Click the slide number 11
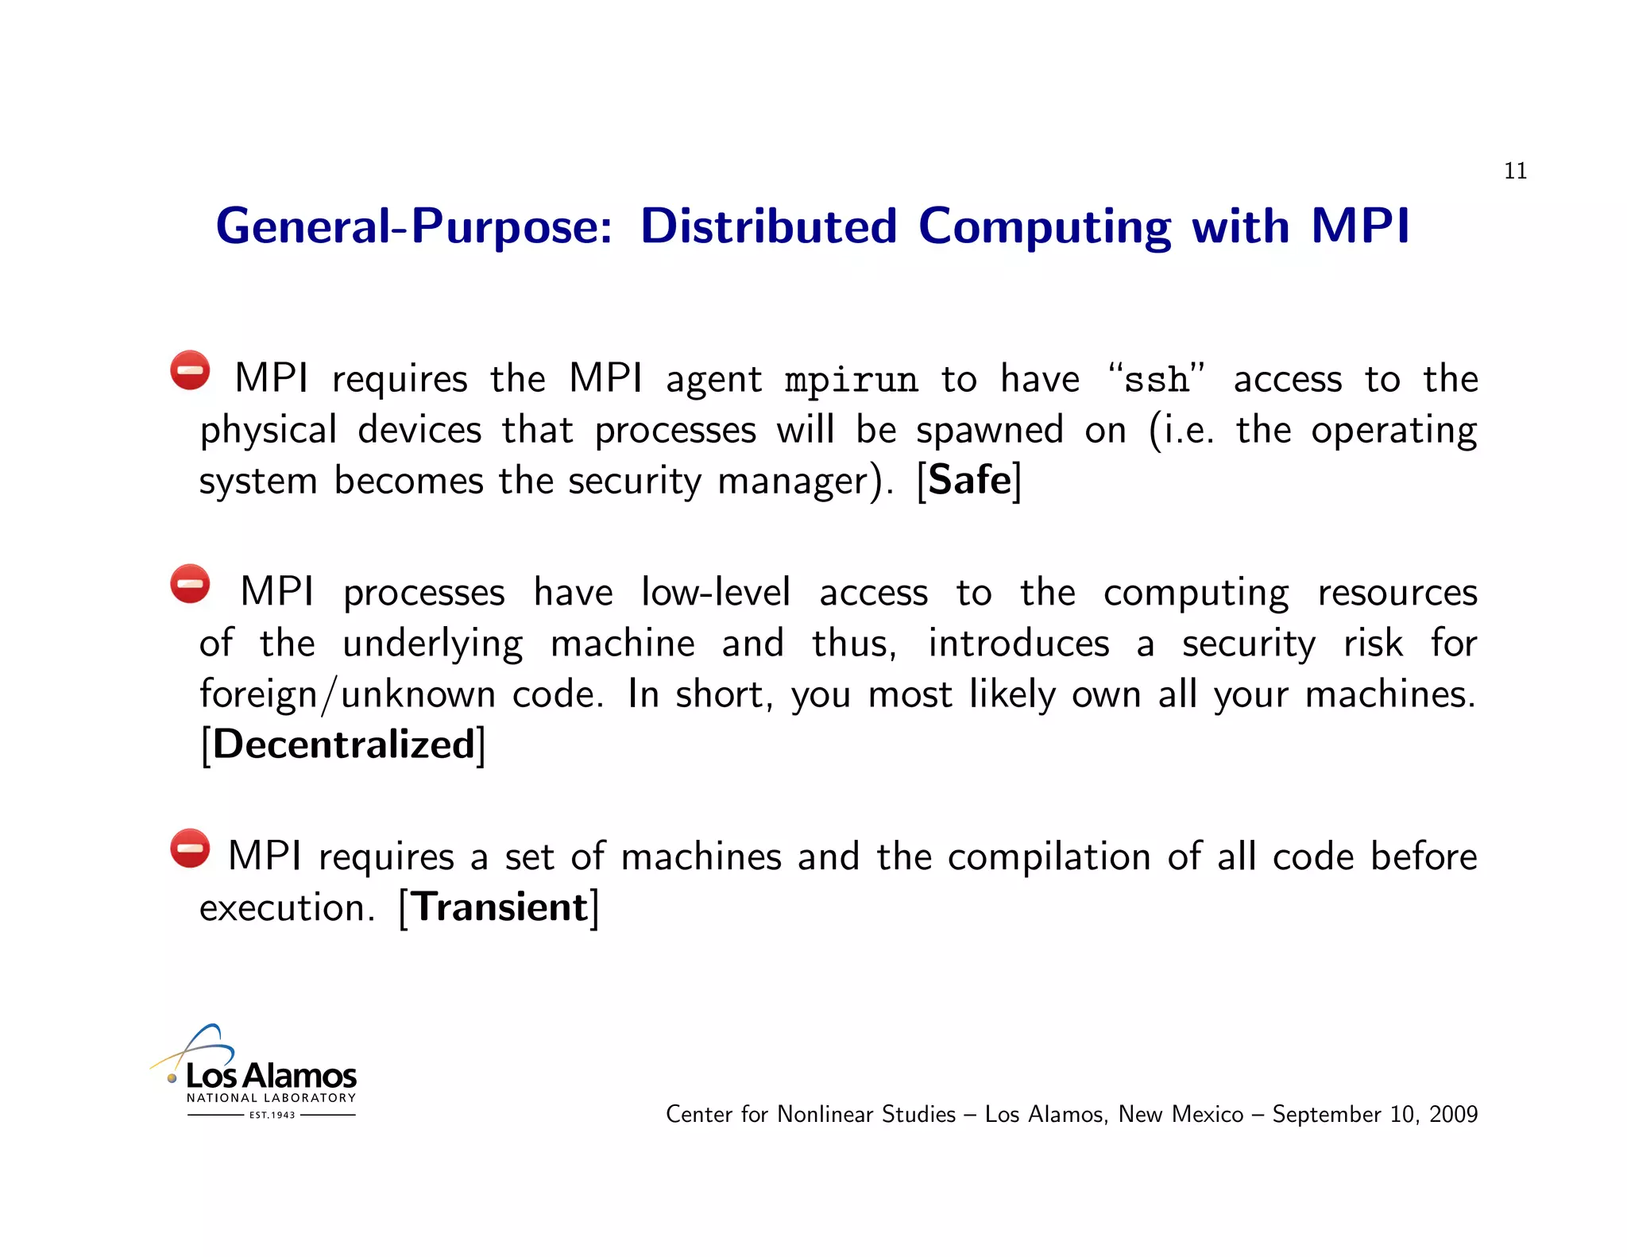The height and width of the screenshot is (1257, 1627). click(x=1514, y=171)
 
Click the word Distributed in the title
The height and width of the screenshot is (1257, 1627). click(x=768, y=226)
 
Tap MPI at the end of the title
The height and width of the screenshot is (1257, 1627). click(x=1359, y=226)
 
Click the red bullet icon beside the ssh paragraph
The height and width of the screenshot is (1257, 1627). click(x=190, y=370)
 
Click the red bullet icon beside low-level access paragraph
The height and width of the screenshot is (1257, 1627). click(x=190, y=585)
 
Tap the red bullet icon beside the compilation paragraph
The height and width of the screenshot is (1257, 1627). click(x=190, y=849)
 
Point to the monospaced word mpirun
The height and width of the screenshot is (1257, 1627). click(x=851, y=381)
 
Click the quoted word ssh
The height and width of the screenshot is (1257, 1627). click(x=1157, y=380)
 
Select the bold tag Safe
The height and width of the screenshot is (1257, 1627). click(x=969, y=480)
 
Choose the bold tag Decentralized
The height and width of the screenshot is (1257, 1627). click(x=343, y=745)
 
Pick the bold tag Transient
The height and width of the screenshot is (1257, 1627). click(x=500, y=907)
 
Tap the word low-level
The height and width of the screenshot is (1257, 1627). click(x=715, y=593)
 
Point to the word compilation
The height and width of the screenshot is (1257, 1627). click(x=1049, y=857)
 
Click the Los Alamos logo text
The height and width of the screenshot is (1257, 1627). click(x=270, y=1077)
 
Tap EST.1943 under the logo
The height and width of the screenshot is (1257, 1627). click(x=272, y=1115)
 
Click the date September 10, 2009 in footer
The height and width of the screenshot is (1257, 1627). click(x=1374, y=1115)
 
